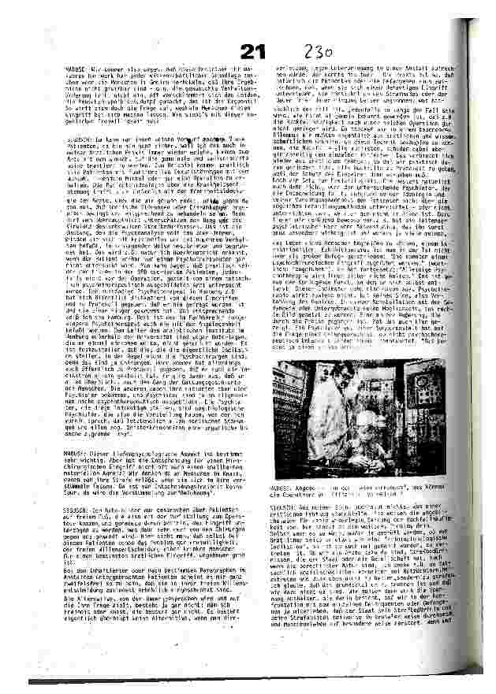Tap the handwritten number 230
pos(323,52)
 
